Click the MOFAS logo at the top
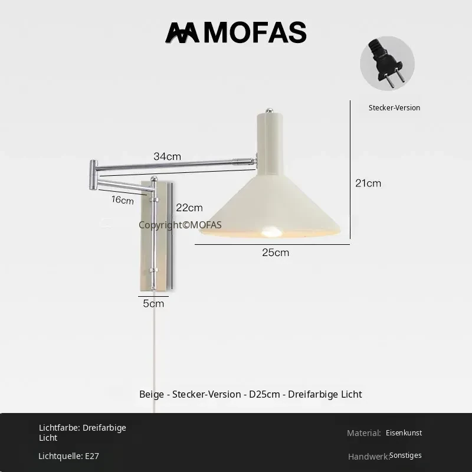tap(235, 32)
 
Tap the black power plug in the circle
tap(386, 62)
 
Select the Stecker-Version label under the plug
tap(394, 108)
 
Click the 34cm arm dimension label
tap(168, 156)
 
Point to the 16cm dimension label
tap(123, 199)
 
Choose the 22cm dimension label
tap(189, 208)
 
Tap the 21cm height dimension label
tap(368, 183)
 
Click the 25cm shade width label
tap(276, 253)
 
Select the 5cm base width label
tap(153, 303)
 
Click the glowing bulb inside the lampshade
tap(271, 231)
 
